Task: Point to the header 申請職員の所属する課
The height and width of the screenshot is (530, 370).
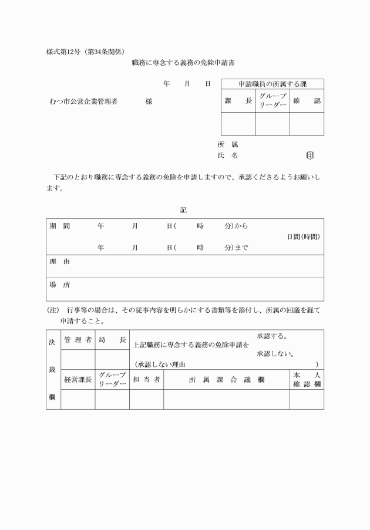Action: click(272, 84)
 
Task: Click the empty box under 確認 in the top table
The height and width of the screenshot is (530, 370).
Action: click(307, 123)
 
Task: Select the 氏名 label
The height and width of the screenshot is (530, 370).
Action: click(227, 156)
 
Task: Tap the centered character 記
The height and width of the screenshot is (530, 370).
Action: click(184, 210)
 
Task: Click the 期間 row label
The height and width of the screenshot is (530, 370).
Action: click(59, 226)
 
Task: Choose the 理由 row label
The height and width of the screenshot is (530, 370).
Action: click(59, 261)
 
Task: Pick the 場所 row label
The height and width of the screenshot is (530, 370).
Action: click(59, 285)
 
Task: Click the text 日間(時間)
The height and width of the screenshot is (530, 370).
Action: click(303, 237)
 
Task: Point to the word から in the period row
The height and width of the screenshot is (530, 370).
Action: click(241, 226)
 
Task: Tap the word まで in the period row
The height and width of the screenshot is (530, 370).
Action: click(241, 248)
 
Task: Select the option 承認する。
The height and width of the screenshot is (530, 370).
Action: click(272, 336)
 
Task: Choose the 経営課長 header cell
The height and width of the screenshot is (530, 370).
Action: click(78, 379)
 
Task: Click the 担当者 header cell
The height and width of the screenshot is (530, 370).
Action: click(146, 379)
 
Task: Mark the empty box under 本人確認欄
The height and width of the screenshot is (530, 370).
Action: click(307, 399)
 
